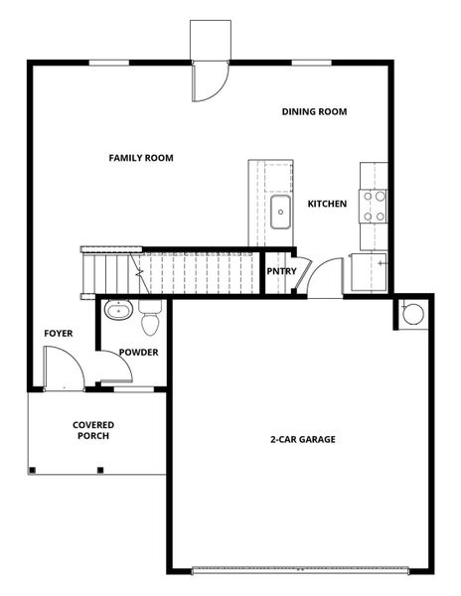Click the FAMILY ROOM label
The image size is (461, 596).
141,157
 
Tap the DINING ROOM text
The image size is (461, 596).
314,112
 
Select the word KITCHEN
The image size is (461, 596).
327,204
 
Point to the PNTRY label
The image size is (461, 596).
281,271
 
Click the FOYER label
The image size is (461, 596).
58,333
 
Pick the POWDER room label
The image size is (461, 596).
139,353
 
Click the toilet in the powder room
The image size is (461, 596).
151,322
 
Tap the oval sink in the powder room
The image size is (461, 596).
118,310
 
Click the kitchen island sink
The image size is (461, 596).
279,212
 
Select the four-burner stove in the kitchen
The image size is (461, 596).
375,206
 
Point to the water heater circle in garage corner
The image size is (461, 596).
412,315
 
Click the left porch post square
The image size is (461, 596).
32,469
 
